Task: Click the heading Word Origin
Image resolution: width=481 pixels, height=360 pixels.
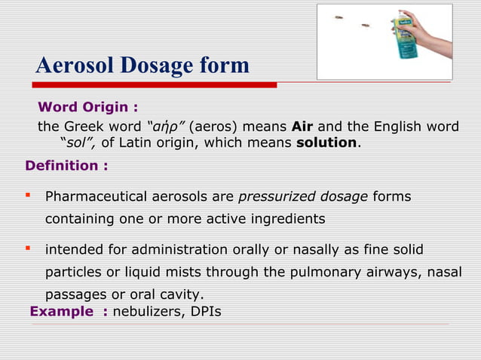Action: pos(87,108)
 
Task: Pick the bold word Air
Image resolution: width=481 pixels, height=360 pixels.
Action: pos(302,126)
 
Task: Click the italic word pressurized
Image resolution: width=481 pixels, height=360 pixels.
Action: pos(267,197)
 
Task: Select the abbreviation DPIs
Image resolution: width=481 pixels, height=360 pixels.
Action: pos(203,311)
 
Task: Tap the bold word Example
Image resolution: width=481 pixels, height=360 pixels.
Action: pos(57,311)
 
